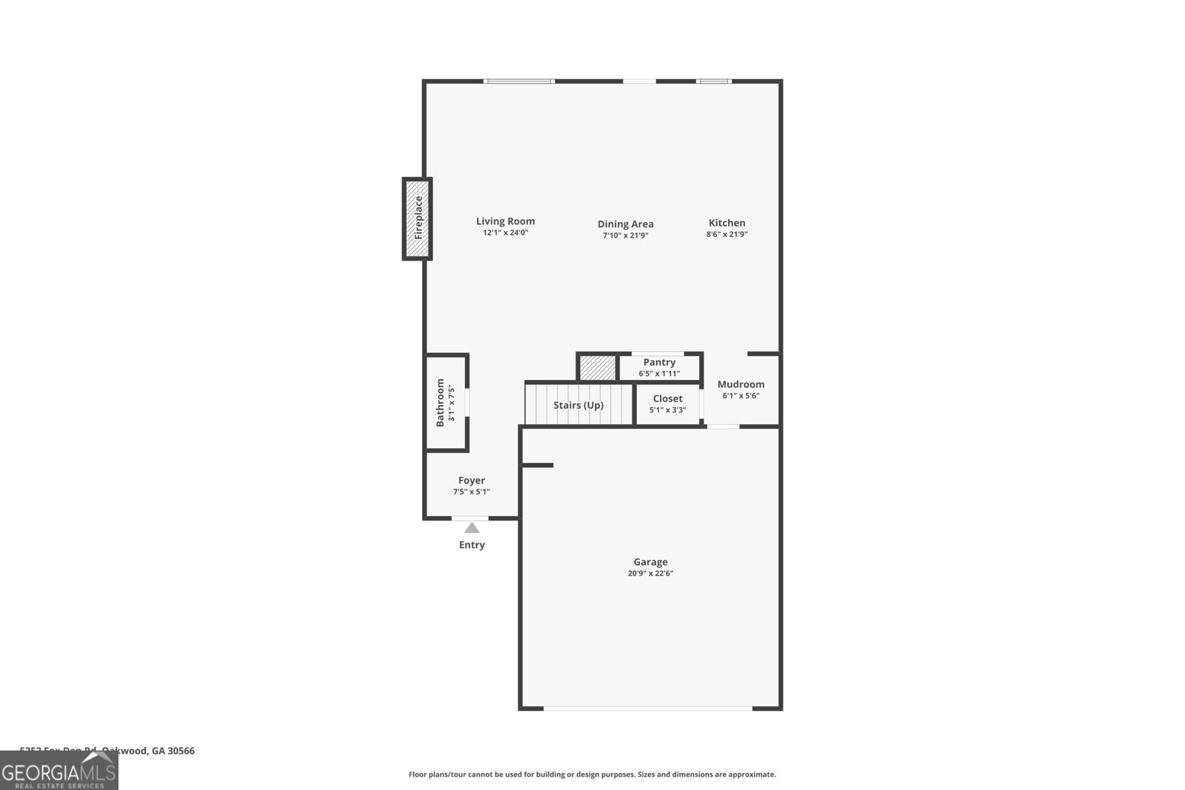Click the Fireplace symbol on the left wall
(417, 218)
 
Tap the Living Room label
(505, 221)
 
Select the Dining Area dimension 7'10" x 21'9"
(625, 235)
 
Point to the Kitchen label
(727, 222)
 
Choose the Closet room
(667, 404)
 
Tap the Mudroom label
(741, 384)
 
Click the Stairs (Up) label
(578, 405)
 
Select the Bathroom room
(446, 402)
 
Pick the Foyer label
(471, 481)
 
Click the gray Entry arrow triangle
(472, 528)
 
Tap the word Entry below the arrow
(472, 545)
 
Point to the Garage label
(650, 562)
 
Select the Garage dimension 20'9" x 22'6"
(650, 573)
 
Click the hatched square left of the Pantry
(597, 368)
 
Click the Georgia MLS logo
(59, 771)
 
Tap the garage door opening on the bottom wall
(648, 709)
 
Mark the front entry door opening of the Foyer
(470, 518)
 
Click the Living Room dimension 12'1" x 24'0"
(505, 232)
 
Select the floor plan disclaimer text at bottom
(592, 774)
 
